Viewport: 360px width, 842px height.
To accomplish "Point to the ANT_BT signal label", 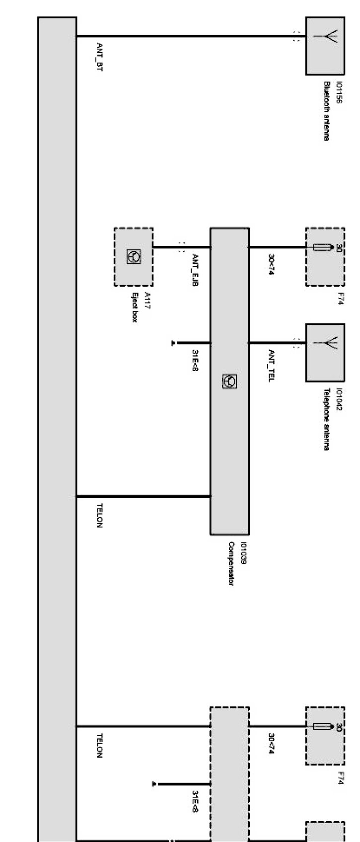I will point(99,57).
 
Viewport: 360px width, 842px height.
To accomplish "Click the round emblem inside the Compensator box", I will point(229,381).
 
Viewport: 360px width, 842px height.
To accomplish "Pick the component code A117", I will point(147,300).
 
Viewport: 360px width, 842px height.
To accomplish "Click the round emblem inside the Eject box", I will point(133,256).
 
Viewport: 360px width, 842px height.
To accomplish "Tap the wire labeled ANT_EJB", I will point(169,247).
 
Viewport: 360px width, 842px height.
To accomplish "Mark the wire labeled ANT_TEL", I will point(273,342).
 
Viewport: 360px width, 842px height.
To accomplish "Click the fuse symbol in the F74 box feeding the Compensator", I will point(323,247).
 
